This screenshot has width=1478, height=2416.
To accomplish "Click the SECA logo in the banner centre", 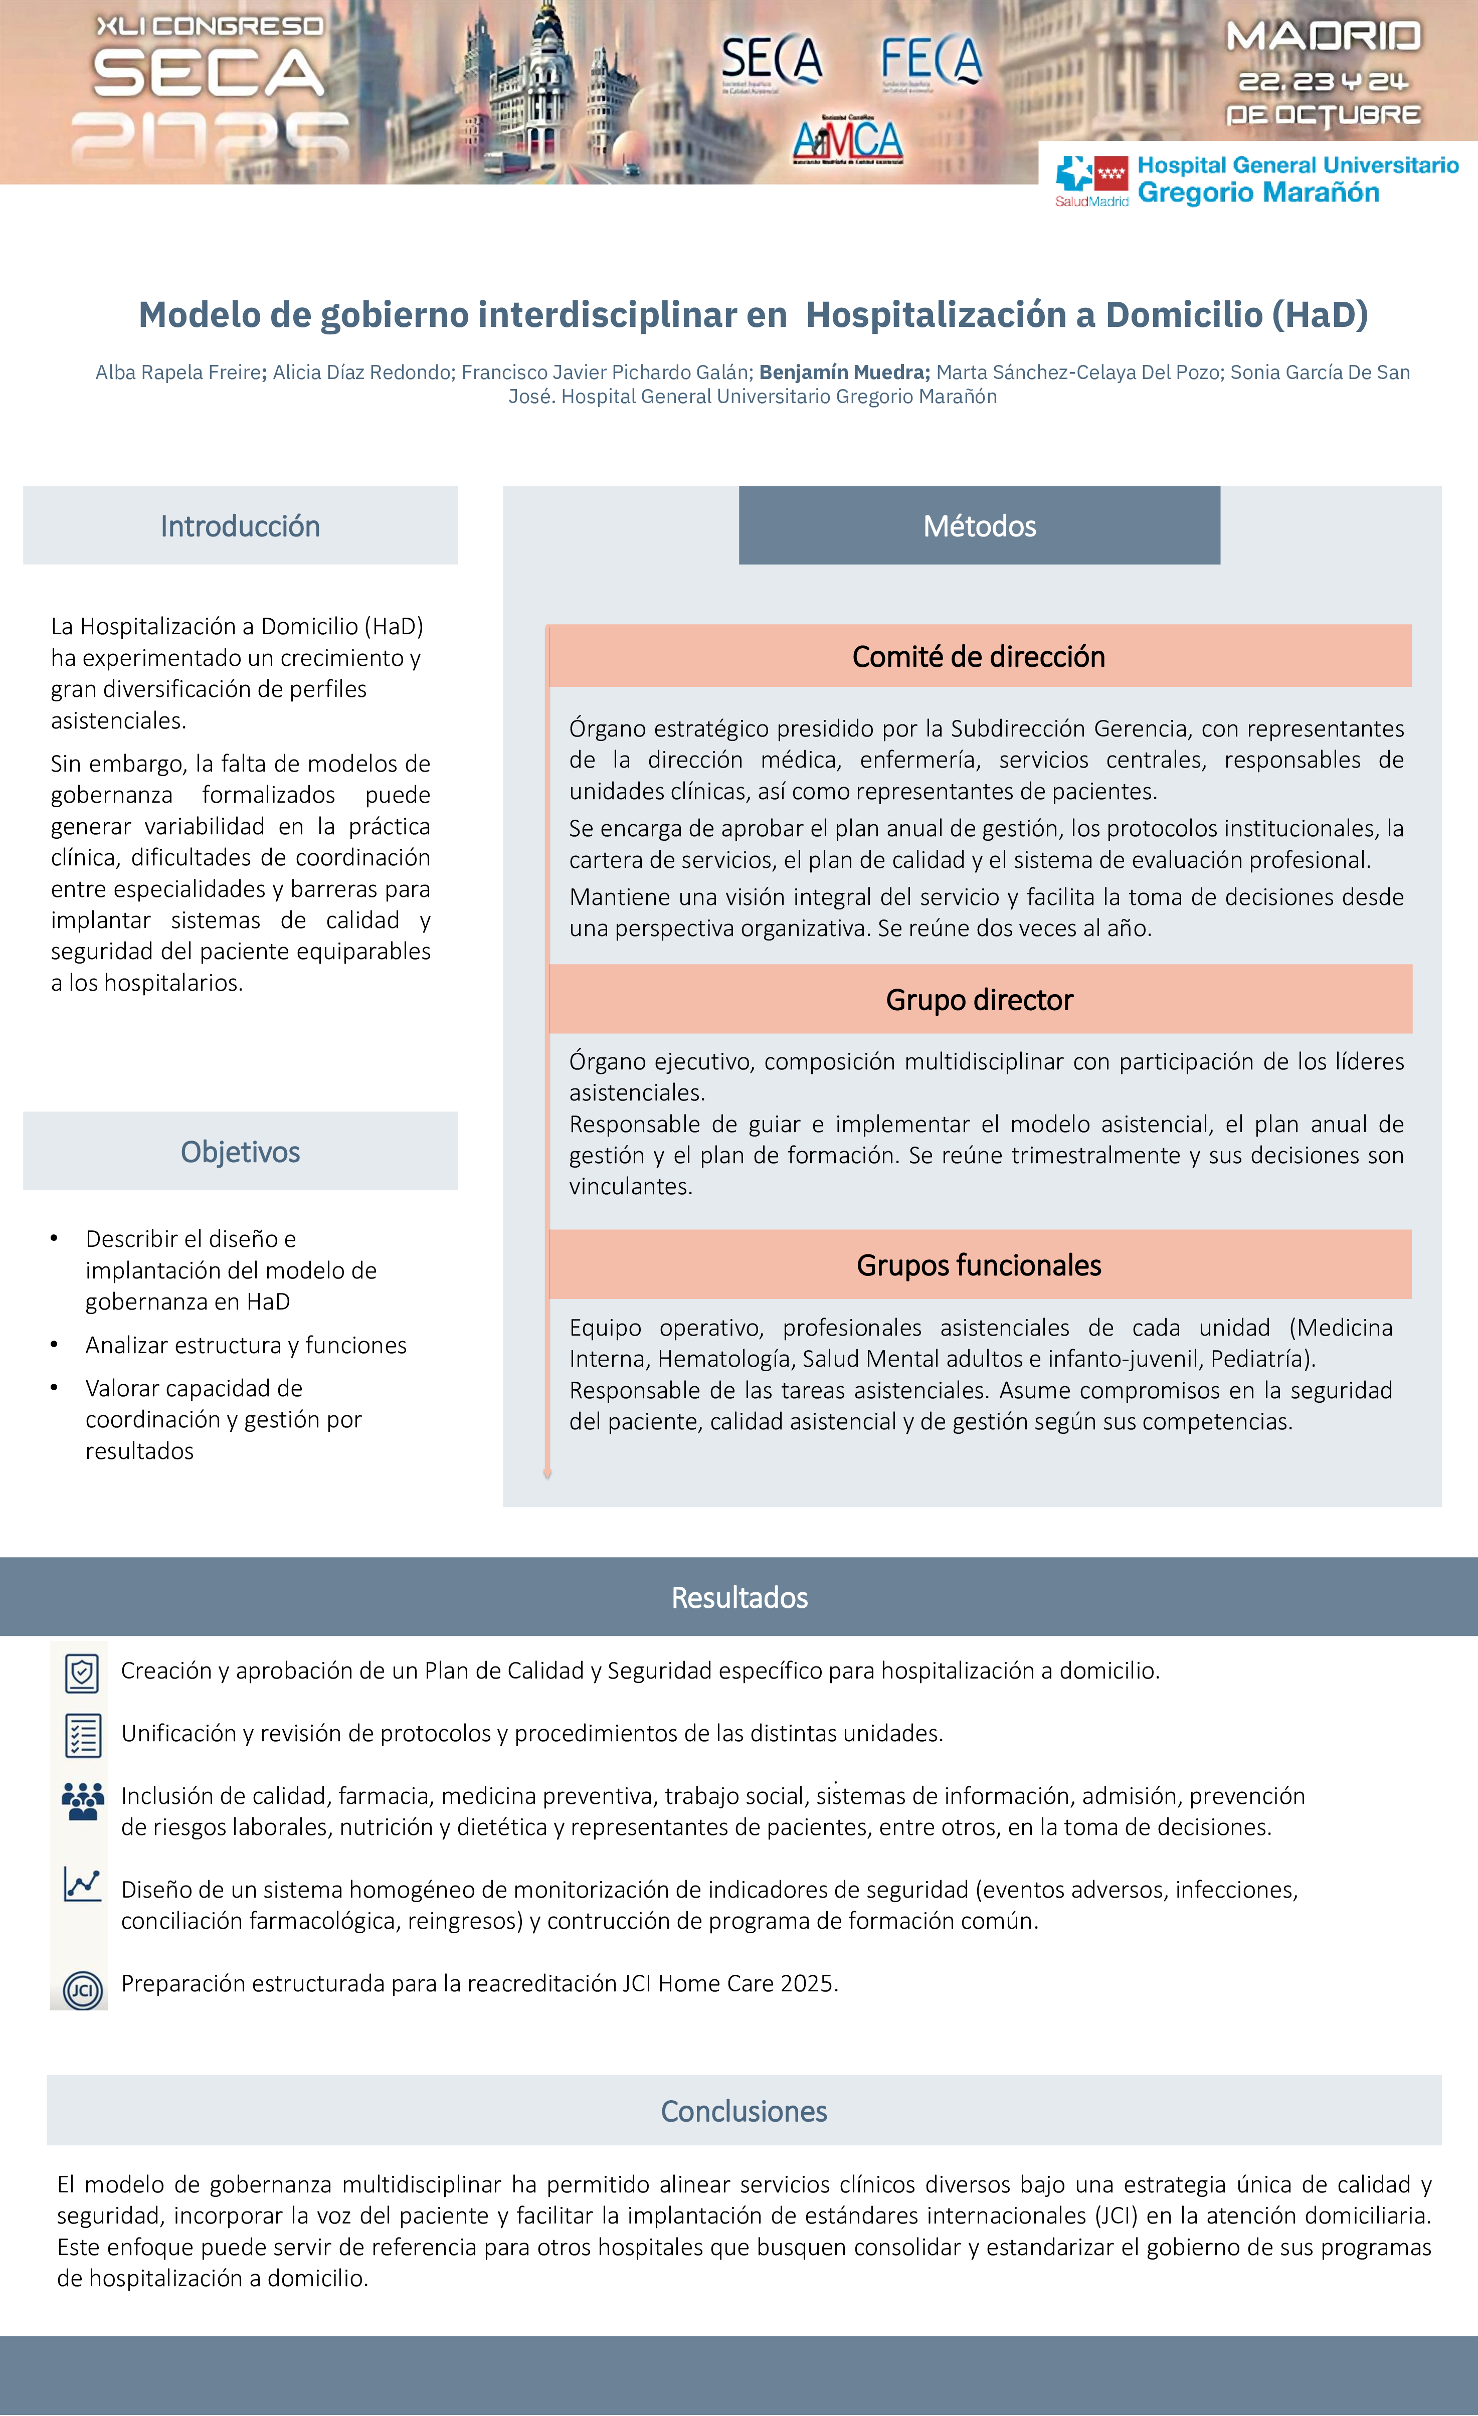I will coord(772,61).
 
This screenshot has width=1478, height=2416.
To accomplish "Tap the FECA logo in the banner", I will coord(931,61).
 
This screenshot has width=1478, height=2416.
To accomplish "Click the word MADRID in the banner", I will coord(1323,37).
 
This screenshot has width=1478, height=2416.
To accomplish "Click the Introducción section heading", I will coord(240,526).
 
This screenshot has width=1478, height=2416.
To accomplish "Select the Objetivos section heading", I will coord(240,1152).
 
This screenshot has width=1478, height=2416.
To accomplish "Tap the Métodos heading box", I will coord(979,526).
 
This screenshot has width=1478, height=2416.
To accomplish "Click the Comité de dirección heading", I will coord(979,657).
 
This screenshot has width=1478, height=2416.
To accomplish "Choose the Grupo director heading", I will coord(979,1000).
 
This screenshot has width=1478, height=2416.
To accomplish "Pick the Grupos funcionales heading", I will coord(979,1266).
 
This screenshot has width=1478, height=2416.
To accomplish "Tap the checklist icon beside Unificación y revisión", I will coord(82,1736).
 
